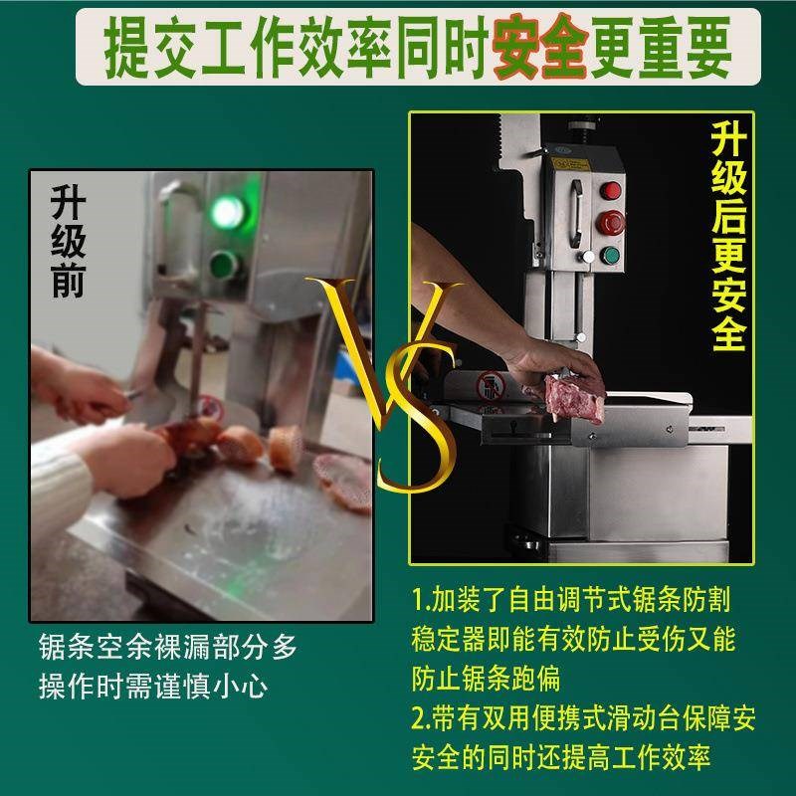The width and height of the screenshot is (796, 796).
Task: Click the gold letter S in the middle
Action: [418, 418]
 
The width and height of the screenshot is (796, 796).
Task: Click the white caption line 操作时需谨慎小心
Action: [153, 687]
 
